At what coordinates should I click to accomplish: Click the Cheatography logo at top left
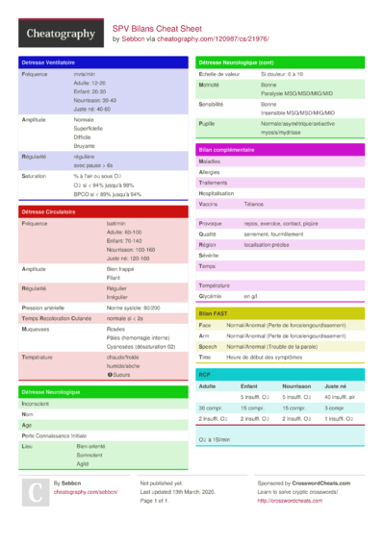coord(60,34)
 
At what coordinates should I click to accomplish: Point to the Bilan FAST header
coord(213,313)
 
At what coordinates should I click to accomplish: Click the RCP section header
coord(204,373)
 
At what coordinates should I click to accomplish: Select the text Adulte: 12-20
coord(90,84)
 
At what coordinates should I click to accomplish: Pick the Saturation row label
coord(35,176)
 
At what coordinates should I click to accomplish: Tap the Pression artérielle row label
coord(43,308)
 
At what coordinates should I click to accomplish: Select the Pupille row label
coord(207,124)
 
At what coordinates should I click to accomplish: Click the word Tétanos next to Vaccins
coord(254,205)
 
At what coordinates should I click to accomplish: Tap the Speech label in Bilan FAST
coord(208,346)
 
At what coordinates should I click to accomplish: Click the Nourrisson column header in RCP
coord(296,384)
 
